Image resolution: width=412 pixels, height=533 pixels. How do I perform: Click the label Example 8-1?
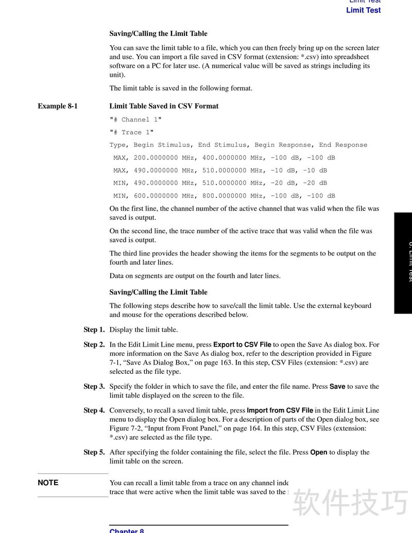point(57,106)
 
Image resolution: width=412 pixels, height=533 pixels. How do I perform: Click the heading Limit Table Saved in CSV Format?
point(164,106)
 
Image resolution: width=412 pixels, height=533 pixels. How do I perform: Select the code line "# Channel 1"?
point(135,119)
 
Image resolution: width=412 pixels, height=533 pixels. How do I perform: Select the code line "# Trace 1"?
point(131,132)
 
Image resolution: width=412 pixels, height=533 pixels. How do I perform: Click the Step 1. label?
point(94,330)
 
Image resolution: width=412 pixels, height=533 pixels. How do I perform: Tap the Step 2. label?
point(94,345)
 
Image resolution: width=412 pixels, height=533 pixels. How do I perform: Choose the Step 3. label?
point(94,386)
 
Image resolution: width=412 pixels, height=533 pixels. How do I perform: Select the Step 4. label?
point(94,410)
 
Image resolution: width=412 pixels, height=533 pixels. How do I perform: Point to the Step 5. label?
point(94,452)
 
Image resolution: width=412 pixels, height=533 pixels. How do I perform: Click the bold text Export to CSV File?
point(242,345)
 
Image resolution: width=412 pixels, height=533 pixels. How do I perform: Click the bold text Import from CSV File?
point(280,410)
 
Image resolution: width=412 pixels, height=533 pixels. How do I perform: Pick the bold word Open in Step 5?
point(319,452)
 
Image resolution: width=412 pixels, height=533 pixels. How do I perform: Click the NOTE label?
point(48,483)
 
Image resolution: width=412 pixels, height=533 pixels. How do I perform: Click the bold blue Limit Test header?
point(363,10)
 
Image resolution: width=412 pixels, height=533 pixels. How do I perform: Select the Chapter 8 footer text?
point(127,530)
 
